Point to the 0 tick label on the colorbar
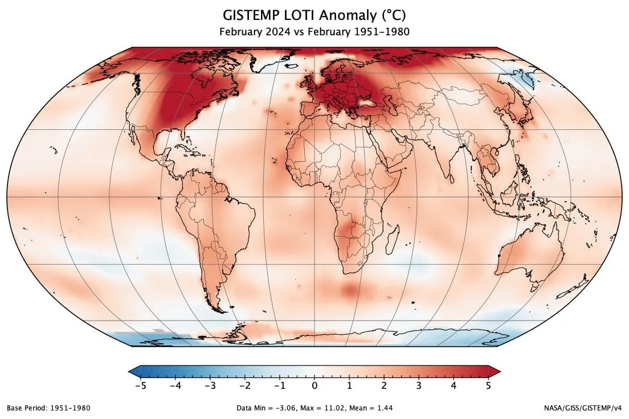pyautogui.click(x=314, y=385)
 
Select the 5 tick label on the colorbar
pyautogui.click(x=488, y=385)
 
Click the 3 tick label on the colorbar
pyautogui.click(x=419, y=385)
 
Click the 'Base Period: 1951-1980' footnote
pyautogui.click(x=48, y=408)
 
